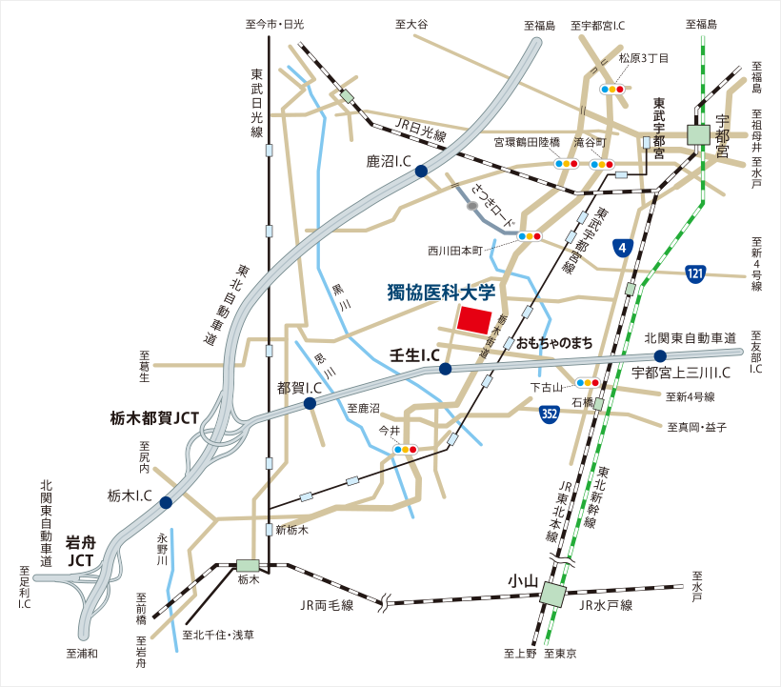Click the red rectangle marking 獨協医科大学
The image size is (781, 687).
point(474,319)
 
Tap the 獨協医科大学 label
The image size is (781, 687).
point(442,293)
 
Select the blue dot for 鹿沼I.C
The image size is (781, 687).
point(420,171)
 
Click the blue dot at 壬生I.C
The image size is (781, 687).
point(445,369)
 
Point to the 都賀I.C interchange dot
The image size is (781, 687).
point(310,404)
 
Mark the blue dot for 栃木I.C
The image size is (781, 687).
point(166,502)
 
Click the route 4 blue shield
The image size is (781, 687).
point(623,248)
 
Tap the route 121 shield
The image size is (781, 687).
point(695,274)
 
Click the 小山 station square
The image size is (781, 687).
point(551,595)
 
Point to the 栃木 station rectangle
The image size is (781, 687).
point(249,565)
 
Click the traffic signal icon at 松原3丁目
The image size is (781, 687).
point(611,89)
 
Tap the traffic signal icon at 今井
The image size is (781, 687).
point(407,449)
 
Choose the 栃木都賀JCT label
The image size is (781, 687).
point(153,418)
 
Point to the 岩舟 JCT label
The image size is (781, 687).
point(81,551)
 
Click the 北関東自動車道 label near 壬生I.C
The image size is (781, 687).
point(691,337)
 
